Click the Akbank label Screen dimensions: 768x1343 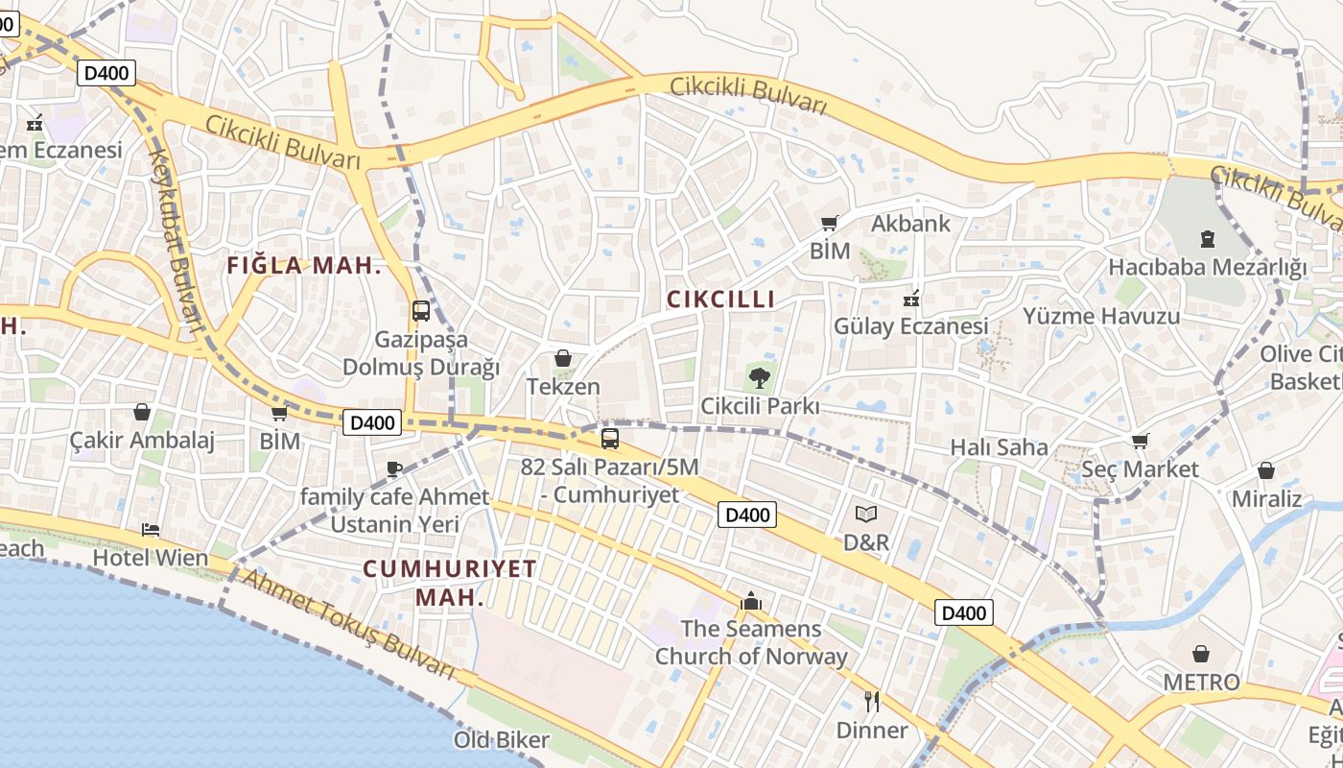point(910,224)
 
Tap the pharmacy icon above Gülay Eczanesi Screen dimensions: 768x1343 point(911,299)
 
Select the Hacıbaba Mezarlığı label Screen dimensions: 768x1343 point(1207,267)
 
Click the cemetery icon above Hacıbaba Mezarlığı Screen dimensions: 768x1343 point(1207,238)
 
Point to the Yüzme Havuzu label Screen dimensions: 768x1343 point(1100,316)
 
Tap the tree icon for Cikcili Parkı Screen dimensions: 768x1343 point(759,376)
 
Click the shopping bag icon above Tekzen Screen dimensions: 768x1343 point(563,358)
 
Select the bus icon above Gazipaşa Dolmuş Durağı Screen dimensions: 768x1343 point(420,310)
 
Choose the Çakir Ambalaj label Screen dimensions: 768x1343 point(142,441)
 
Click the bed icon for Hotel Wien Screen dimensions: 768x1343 point(151,529)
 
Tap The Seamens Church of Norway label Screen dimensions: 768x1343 point(751,643)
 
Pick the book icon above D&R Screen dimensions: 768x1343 point(866,514)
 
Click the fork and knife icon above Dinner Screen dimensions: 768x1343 point(871,701)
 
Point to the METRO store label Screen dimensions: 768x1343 point(1201,683)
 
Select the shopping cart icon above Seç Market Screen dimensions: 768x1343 point(1140,441)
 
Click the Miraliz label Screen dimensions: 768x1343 point(1266,498)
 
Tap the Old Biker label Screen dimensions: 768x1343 point(502,739)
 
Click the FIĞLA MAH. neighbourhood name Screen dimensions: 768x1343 point(304,266)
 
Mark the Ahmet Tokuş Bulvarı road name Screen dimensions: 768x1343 point(346,623)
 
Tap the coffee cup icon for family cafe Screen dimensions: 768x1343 point(393,468)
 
